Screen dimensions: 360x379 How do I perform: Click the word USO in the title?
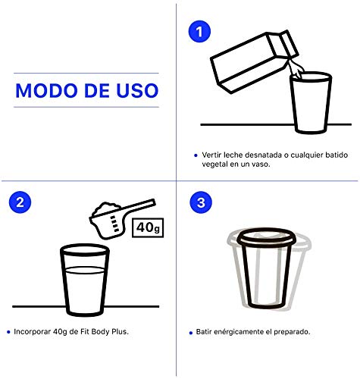pyautogui.click(x=137, y=90)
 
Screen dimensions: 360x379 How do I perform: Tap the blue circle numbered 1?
pyautogui.click(x=199, y=32)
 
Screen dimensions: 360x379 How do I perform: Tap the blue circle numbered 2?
pyautogui.click(x=20, y=202)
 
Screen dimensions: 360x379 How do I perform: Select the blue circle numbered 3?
pyautogui.click(x=201, y=202)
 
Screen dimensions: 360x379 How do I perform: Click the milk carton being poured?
pyautogui.click(x=254, y=61)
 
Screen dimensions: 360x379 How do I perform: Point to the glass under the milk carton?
pyautogui.click(x=311, y=102)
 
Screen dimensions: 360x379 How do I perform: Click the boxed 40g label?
pyautogui.click(x=148, y=227)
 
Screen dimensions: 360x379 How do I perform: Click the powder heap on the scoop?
pyautogui.click(x=105, y=208)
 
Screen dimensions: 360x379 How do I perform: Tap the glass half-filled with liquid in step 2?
pyautogui.click(x=85, y=280)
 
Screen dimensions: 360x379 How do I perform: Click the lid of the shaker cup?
pyautogui.click(x=265, y=237)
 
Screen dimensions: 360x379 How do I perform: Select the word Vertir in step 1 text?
pyautogui.click(x=211, y=155)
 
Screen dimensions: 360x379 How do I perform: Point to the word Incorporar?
pyautogui.click(x=32, y=332)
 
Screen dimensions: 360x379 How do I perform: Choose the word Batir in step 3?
pyautogui.click(x=204, y=332)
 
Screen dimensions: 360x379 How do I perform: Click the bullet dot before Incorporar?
pyautogui.click(x=8, y=332)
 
